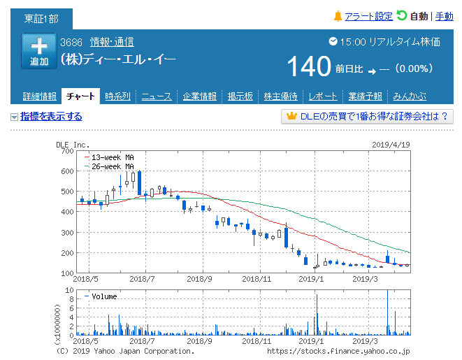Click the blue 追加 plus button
click(x=39, y=51)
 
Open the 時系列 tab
click(x=117, y=96)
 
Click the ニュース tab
click(x=157, y=96)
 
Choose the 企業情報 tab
click(x=200, y=96)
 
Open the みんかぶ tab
click(x=410, y=96)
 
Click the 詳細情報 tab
click(x=39, y=96)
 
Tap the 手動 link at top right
click(x=444, y=16)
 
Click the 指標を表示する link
click(x=51, y=117)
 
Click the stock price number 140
click(x=309, y=67)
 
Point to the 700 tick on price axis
click(x=67, y=150)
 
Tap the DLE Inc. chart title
click(x=72, y=144)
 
